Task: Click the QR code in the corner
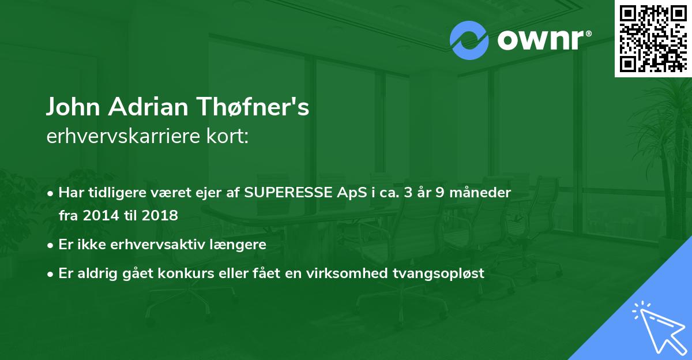(x=653, y=39)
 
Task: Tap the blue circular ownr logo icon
(x=469, y=40)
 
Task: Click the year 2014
(x=100, y=215)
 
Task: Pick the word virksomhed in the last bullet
(x=358, y=273)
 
